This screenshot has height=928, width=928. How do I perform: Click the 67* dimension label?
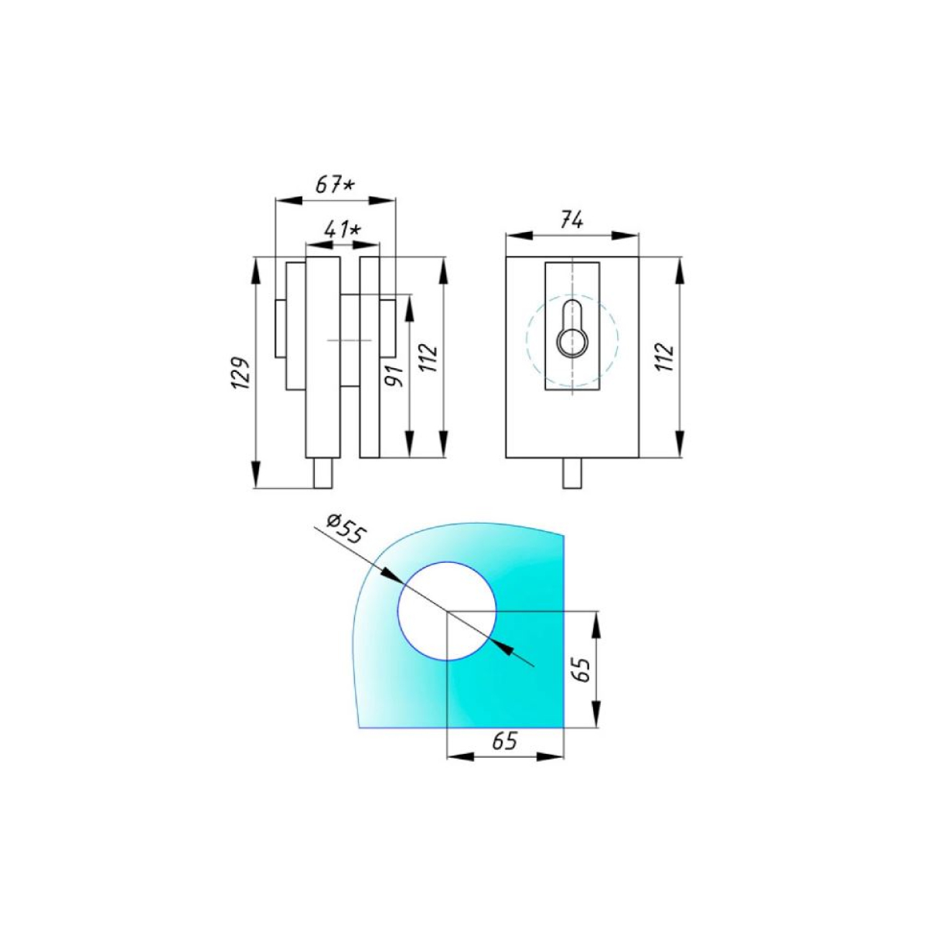click(x=335, y=185)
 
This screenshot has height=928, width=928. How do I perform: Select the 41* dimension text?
click(x=343, y=230)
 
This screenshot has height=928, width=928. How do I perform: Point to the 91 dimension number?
click(x=394, y=375)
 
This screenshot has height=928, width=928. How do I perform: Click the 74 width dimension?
click(x=571, y=221)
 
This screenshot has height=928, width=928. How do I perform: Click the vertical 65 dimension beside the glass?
click(x=582, y=670)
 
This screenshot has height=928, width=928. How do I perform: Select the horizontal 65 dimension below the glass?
click(x=505, y=741)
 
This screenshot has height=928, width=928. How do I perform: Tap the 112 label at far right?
click(x=664, y=357)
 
